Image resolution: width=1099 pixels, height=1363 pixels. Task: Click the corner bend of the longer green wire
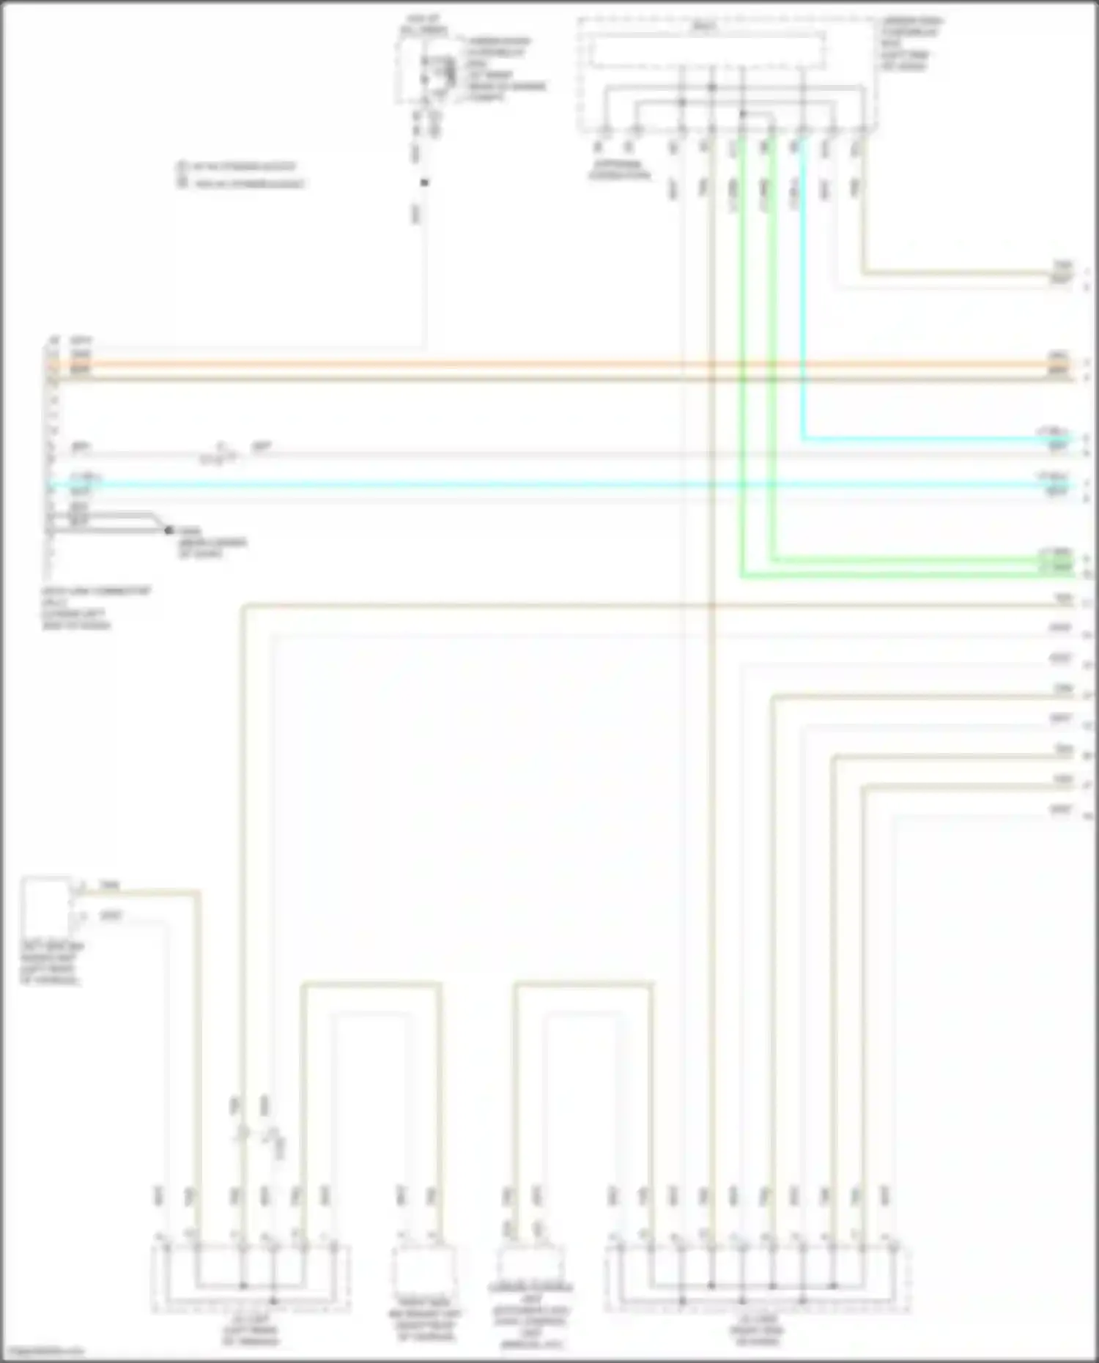[x=742, y=576]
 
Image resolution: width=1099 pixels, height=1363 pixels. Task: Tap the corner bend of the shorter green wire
[x=771, y=560]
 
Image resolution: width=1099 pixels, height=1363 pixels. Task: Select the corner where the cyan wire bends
[x=803, y=439]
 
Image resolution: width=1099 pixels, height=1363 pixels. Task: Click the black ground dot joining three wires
[x=169, y=530]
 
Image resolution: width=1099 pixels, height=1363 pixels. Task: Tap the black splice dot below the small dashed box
[x=423, y=182]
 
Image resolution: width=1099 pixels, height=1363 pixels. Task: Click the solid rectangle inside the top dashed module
[x=707, y=51]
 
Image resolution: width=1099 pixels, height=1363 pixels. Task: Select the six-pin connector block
[x=251, y=1277]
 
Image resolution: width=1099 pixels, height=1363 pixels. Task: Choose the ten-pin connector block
[x=758, y=1277]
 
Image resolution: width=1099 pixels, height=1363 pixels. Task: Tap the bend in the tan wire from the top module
[x=862, y=274]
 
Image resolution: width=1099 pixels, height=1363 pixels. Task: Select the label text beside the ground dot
[x=212, y=543]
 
